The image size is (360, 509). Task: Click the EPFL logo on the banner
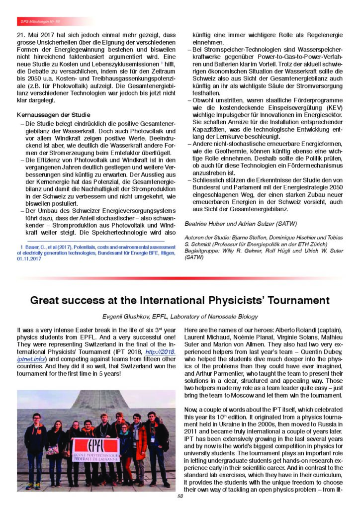[95, 445]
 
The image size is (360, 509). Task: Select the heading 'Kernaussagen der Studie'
[47, 116]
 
